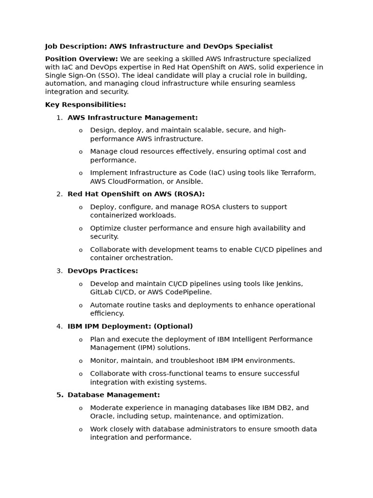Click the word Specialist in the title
[254, 47]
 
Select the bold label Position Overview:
[81, 59]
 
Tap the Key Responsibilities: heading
[85, 105]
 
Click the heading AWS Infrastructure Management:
[133, 118]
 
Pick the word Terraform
[297, 173]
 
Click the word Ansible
[189, 181]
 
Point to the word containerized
[113, 215]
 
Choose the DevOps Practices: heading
[102, 271]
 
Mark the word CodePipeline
[188, 292]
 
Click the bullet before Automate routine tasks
[81, 305]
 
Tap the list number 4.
[59, 326]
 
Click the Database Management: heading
[114, 395]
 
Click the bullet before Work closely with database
[81, 429]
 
